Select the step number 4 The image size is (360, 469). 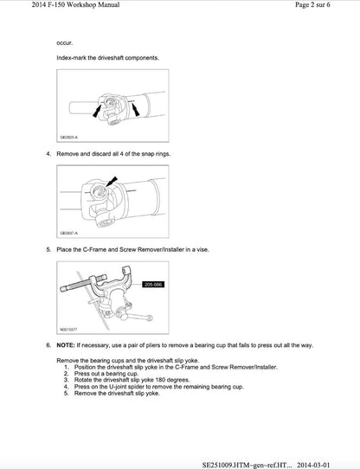(48, 153)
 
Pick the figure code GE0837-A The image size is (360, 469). (68, 233)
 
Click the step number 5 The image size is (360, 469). (48, 249)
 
